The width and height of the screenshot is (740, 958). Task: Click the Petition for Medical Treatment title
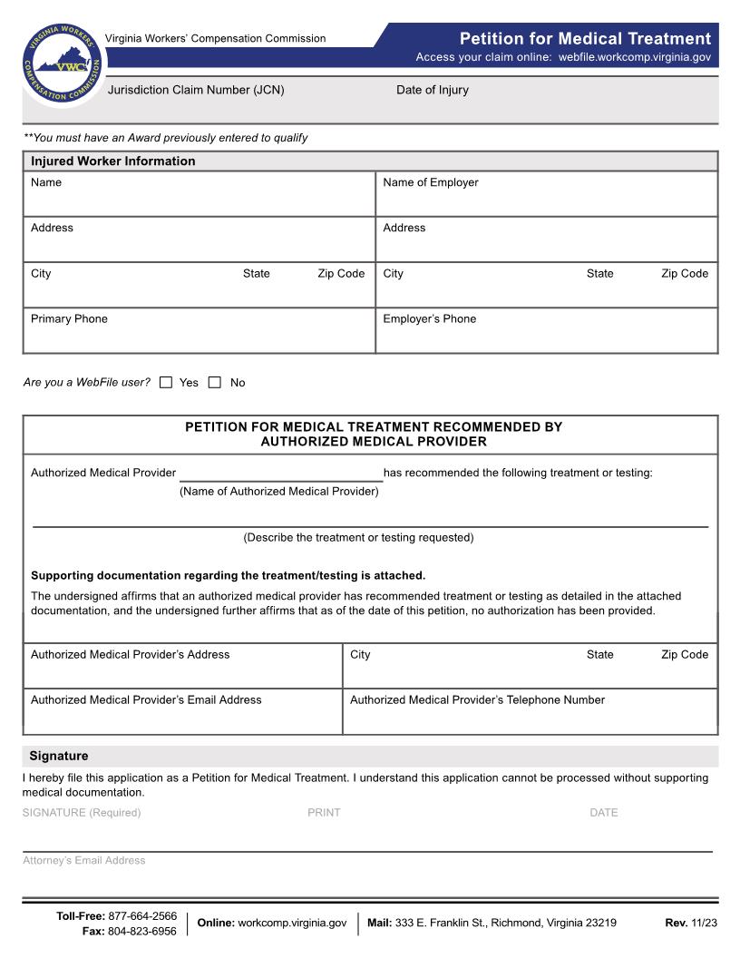tap(585, 38)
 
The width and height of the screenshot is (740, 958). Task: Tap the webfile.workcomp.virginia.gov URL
tap(634, 57)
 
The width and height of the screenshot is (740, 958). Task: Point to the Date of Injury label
tap(432, 90)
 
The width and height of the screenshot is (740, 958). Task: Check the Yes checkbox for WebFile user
tap(166, 383)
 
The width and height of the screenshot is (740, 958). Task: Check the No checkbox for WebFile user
tap(215, 383)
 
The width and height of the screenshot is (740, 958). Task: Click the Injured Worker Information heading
tap(112, 161)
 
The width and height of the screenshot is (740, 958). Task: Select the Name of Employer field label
tap(430, 182)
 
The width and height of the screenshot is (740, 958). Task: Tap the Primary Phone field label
tap(69, 318)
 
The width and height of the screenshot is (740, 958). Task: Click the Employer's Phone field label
tap(429, 318)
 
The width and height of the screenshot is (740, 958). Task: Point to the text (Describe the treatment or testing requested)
tap(358, 537)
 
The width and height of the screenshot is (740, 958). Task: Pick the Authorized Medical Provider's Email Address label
tap(146, 699)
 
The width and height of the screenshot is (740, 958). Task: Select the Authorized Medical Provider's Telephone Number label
tap(477, 699)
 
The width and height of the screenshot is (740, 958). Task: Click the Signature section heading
tap(59, 756)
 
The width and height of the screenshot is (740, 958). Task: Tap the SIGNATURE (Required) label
tap(82, 813)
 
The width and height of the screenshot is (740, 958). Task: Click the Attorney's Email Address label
tap(83, 860)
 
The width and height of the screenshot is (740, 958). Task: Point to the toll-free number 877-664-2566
tap(142, 916)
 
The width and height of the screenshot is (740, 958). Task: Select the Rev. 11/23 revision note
tap(690, 923)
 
